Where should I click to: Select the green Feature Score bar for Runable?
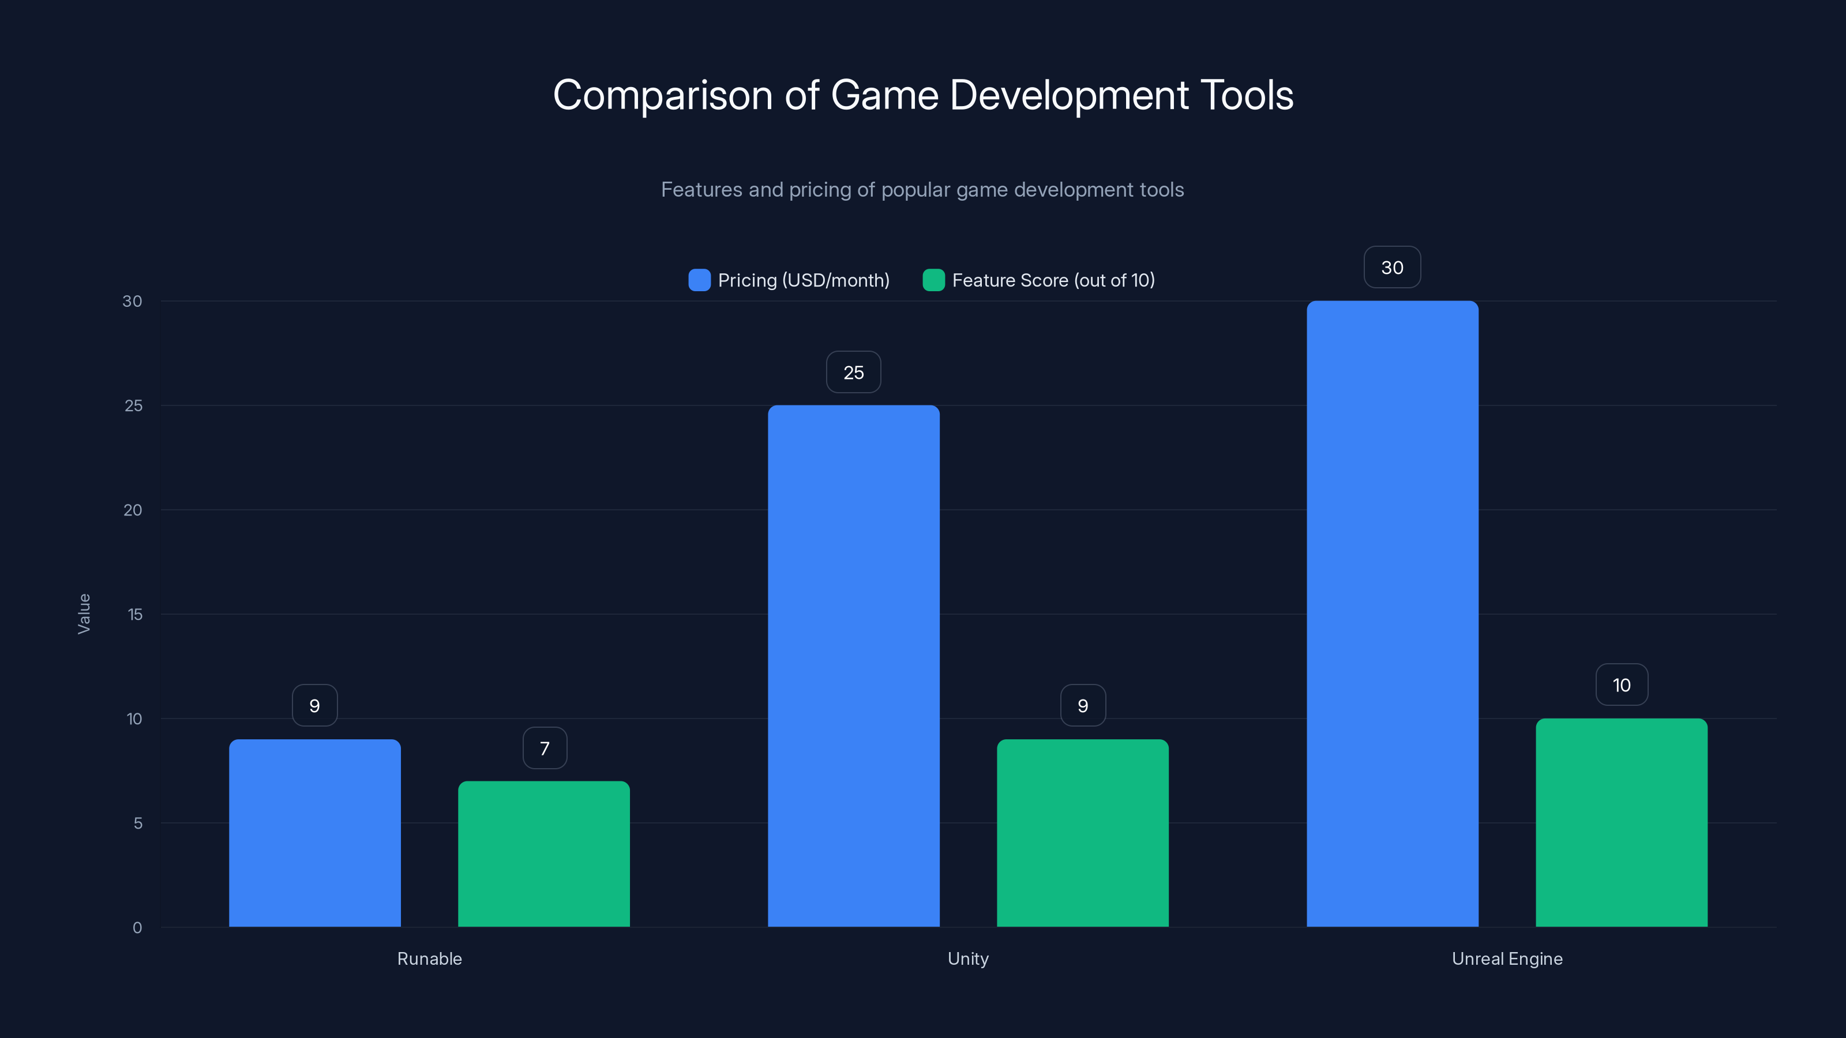pos(544,854)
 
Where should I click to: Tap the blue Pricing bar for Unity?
pos(854,666)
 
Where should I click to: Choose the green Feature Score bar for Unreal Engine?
pos(1621,822)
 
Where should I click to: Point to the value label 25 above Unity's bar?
pos(854,373)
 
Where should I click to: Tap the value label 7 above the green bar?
pos(545,749)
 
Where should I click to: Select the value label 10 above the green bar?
pos(1621,686)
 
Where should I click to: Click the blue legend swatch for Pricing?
pos(699,280)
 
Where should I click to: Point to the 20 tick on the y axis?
pos(133,510)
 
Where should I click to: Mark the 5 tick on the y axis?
pos(138,823)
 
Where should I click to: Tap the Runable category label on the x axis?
pos(429,958)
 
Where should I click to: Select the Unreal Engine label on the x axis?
pos(1506,958)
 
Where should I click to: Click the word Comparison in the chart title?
pos(663,95)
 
